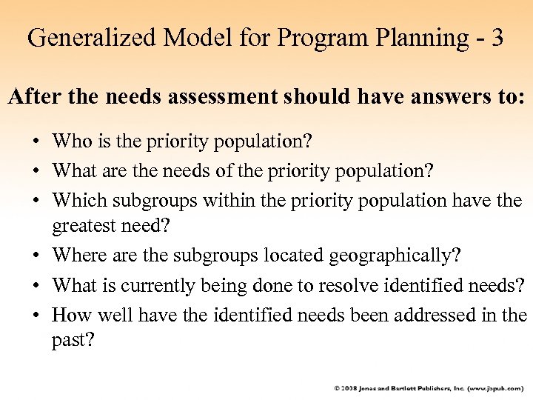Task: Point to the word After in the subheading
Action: (32, 98)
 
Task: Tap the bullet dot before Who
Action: (36, 141)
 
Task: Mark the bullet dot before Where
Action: (36, 256)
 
